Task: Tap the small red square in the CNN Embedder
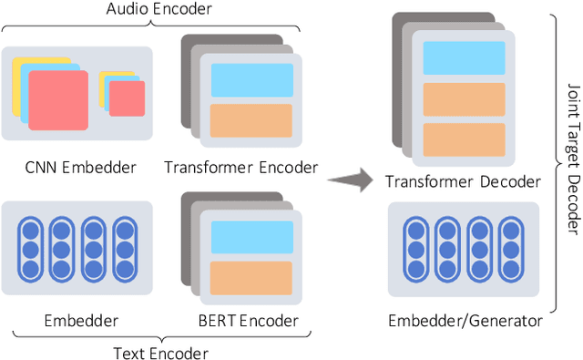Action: click(127, 98)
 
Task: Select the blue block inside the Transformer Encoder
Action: click(251, 80)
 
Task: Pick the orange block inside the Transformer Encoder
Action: click(251, 120)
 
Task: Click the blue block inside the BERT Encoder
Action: click(251, 237)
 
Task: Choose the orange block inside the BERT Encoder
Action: click(251, 277)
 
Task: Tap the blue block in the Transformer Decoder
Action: click(465, 58)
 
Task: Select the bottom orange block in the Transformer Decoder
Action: click(465, 139)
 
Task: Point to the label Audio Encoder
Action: click(159, 10)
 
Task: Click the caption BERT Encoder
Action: click(247, 321)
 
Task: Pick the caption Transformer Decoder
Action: click(462, 182)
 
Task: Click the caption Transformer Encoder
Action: click(241, 167)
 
